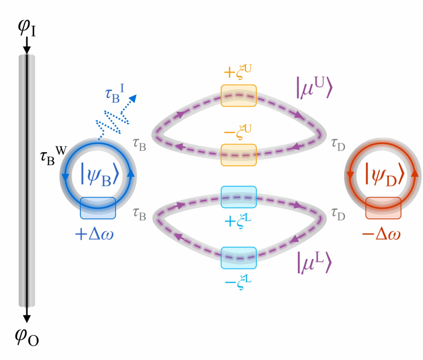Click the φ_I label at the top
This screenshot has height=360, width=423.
click(x=27, y=27)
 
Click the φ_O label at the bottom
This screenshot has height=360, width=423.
click(x=27, y=337)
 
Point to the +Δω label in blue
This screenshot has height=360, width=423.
click(x=94, y=234)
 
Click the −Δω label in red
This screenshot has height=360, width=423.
click(x=381, y=234)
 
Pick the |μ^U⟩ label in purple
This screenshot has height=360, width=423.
click(x=314, y=88)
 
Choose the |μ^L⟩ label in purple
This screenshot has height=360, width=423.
click(x=314, y=262)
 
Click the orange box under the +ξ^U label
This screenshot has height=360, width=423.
click(x=239, y=96)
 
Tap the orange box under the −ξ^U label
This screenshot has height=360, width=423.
click(x=239, y=155)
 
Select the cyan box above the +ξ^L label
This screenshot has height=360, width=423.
click(x=239, y=197)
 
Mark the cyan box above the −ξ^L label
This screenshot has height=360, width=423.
click(x=239, y=258)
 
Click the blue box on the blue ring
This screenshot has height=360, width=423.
click(x=98, y=208)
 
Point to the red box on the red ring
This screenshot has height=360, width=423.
click(x=383, y=208)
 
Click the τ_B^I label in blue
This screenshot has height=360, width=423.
click(x=114, y=94)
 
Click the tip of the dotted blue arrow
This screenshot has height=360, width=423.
click(x=136, y=95)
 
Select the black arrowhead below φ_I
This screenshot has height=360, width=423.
click(x=27, y=50)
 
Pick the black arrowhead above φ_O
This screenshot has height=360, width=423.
click(x=27, y=319)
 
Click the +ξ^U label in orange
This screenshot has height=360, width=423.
click(x=238, y=72)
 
